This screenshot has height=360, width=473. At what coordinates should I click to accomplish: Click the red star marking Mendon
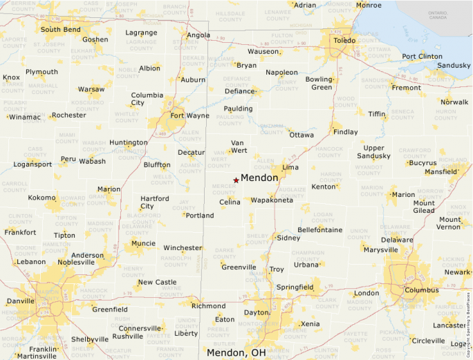236,180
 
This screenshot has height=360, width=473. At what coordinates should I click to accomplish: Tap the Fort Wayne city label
189,115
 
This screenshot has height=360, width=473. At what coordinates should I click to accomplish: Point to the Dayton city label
256,312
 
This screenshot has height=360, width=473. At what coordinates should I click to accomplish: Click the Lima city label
290,167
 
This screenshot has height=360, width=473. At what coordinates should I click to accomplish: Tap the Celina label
230,202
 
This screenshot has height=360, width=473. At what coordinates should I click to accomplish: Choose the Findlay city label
345,132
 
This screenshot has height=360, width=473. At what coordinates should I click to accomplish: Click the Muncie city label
143,243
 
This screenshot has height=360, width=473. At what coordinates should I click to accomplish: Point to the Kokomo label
41,198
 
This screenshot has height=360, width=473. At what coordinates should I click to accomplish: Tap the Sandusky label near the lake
454,65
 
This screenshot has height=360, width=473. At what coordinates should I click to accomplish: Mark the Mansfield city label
440,171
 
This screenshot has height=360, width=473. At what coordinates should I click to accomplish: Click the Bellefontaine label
320,229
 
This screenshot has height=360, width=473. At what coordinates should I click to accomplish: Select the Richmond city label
208,306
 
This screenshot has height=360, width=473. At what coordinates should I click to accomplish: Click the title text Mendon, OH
236,352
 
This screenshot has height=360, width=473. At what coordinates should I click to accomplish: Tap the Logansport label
33,164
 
